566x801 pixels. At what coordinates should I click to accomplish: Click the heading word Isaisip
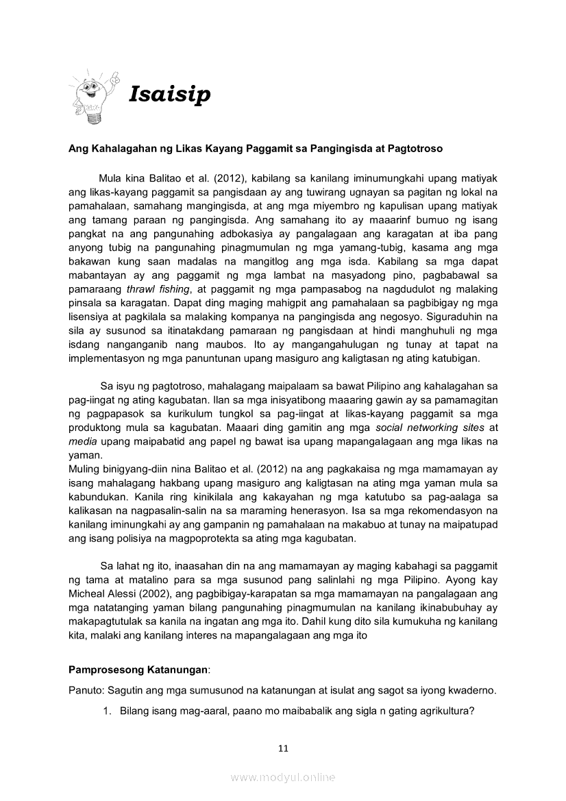coord(169,95)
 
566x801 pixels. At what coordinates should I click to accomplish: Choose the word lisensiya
coord(91,317)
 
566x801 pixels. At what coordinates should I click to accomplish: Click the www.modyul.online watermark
coord(283,777)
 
